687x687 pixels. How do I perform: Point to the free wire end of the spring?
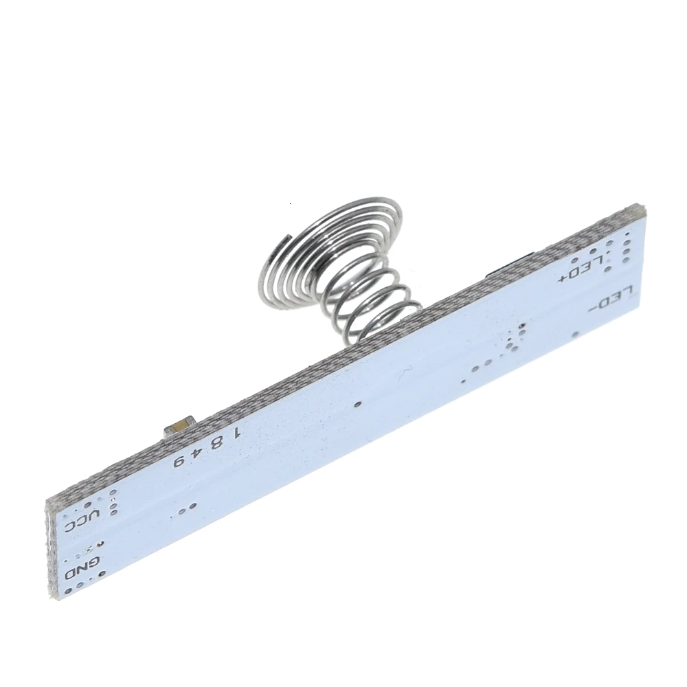[289, 236]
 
